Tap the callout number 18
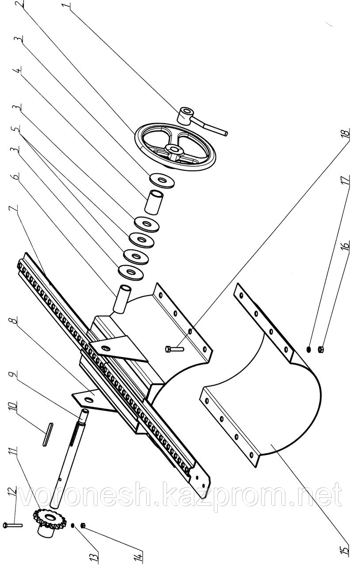(345, 132)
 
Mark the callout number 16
(346, 245)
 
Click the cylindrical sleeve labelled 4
(154, 200)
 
